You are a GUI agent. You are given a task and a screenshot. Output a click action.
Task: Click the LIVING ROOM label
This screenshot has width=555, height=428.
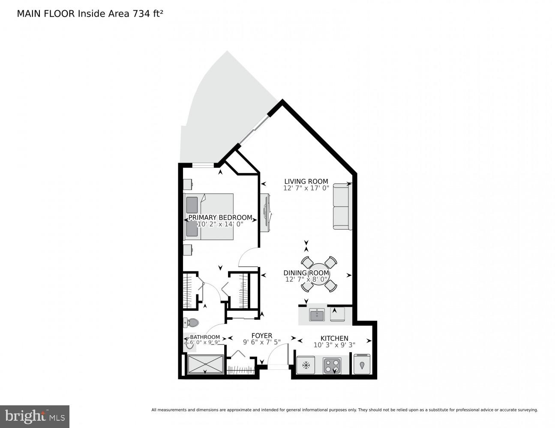306,181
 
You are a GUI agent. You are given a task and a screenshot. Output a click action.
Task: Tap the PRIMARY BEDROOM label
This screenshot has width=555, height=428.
220,217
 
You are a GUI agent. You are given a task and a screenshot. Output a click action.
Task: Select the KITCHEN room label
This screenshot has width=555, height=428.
334,338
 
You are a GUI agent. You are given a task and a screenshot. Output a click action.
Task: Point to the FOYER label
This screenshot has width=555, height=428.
261,336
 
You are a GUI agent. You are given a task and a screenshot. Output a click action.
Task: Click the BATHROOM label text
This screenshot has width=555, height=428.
205,337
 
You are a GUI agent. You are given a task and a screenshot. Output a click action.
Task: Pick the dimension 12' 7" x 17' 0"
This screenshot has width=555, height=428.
306,188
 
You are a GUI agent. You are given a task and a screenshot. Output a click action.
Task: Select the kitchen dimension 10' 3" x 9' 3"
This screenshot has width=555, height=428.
334,345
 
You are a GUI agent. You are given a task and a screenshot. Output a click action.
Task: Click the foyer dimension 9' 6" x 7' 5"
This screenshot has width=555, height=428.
261,342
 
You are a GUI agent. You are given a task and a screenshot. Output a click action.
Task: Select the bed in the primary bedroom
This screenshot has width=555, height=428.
209,217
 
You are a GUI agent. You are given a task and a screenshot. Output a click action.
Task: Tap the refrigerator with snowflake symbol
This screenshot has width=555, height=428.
306,366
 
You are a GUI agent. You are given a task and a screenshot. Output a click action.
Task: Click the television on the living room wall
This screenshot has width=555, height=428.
265,213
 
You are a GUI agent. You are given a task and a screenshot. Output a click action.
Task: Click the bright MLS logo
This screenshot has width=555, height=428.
35,416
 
